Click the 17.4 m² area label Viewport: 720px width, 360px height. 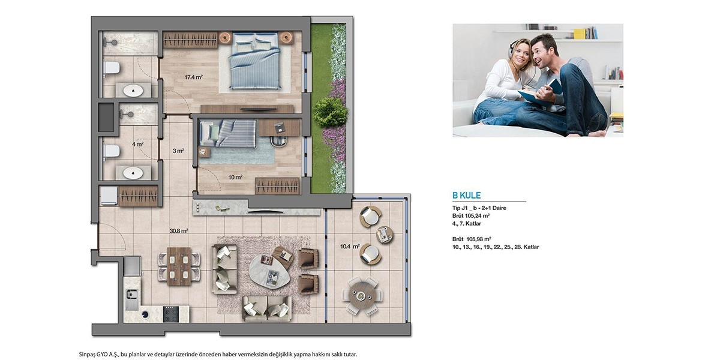click(x=193, y=77)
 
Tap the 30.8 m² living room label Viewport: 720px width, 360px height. click(x=179, y=231)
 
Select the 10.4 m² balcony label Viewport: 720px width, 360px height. click(x=350, y=247)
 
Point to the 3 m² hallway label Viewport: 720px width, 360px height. click(x=178, y=151)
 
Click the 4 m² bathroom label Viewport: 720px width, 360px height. click(x=138, y=145)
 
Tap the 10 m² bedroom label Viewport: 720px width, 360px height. click(x=235, y=177)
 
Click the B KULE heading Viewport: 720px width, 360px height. click(x=466, y=195)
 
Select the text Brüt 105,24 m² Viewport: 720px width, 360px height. click(x=471, y=215)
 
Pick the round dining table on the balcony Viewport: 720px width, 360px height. click(x=362, y=295)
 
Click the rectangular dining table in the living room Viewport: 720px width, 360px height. click(x=179, y=266)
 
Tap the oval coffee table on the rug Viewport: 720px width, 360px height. click(x=270, y=272)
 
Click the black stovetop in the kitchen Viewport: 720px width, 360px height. click(x=170, y=314)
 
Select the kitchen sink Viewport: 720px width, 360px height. click(x=132, y=299)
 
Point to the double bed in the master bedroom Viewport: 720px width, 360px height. click(x=255, y=61)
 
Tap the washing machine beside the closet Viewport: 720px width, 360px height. click(x=109, y=196)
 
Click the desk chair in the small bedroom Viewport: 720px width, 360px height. click(x=279, y=141)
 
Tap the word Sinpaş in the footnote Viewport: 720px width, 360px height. click(x=88, y=355)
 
